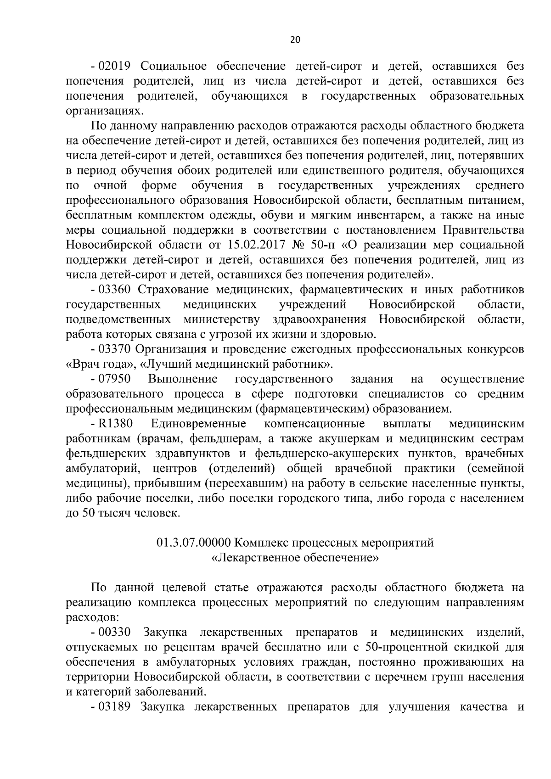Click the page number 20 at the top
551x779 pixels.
pyautogui.click(x=295, y=40)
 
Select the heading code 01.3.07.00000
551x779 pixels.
pyautogui.click(x=193, y=543)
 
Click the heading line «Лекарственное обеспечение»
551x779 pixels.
pyautogui.click(x=295, y=558)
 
